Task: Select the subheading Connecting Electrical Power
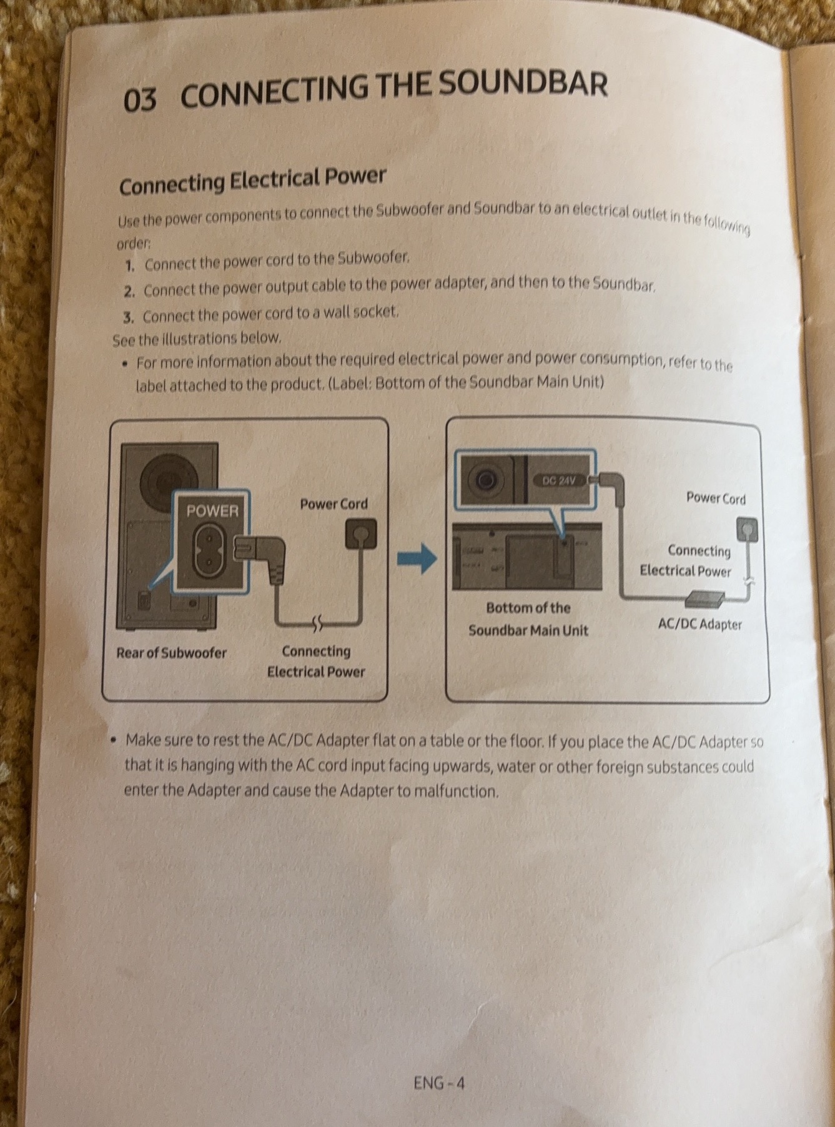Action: [252, 181]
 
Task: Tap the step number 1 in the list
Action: [129, 266]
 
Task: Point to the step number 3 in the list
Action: [128, 318]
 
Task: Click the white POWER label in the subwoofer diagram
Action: [212, 511]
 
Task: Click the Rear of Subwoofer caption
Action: [171, 653]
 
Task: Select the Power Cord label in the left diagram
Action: [334, 504]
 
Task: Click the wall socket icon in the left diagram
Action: [361, 535]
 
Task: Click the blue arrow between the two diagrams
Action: [417, 558]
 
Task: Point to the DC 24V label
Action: [558, 480]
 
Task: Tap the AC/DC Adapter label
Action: [699, 624]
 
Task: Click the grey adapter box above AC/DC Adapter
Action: [703, 600]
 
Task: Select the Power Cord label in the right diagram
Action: [716, 498]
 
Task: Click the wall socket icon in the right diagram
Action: [746, 530]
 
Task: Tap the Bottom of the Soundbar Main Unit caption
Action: [528, 618]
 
